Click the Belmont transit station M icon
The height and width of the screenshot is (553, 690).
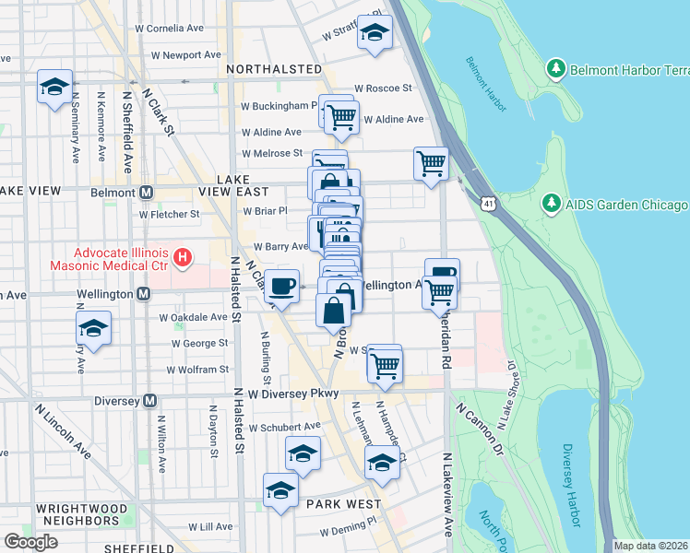point(145,193)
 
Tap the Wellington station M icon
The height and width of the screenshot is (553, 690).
point(144,294)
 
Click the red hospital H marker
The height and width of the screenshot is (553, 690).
point(183,255)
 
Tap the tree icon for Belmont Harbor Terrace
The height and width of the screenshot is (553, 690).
point(555,69)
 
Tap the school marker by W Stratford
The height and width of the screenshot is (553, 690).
point(375,32)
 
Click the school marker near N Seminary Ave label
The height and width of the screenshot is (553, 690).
point(55,88)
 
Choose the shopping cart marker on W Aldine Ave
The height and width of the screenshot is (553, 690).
point(341,116)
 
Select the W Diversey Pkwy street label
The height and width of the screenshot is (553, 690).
point(295,394)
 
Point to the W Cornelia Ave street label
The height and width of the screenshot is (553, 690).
point(183,29)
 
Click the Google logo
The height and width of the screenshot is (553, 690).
point(31,541)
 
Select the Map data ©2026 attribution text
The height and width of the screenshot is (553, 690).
point(650,546)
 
